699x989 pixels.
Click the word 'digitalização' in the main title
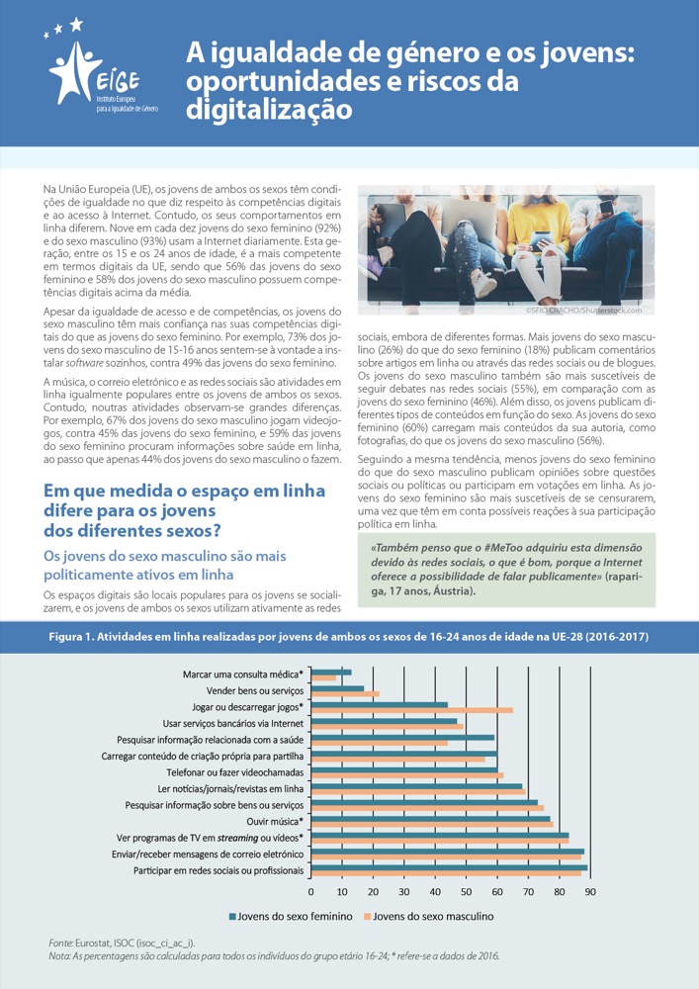point(269,109)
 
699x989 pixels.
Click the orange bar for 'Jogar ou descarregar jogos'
point(412,710)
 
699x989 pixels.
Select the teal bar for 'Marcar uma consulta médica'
point(331,673)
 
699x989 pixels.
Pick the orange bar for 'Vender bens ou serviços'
point(345,693)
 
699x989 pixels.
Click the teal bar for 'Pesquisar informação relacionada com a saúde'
point(403,737)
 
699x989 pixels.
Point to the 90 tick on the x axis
point(590,892)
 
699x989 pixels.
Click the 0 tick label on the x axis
point(311,892)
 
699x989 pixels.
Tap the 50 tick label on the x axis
point(467,892)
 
